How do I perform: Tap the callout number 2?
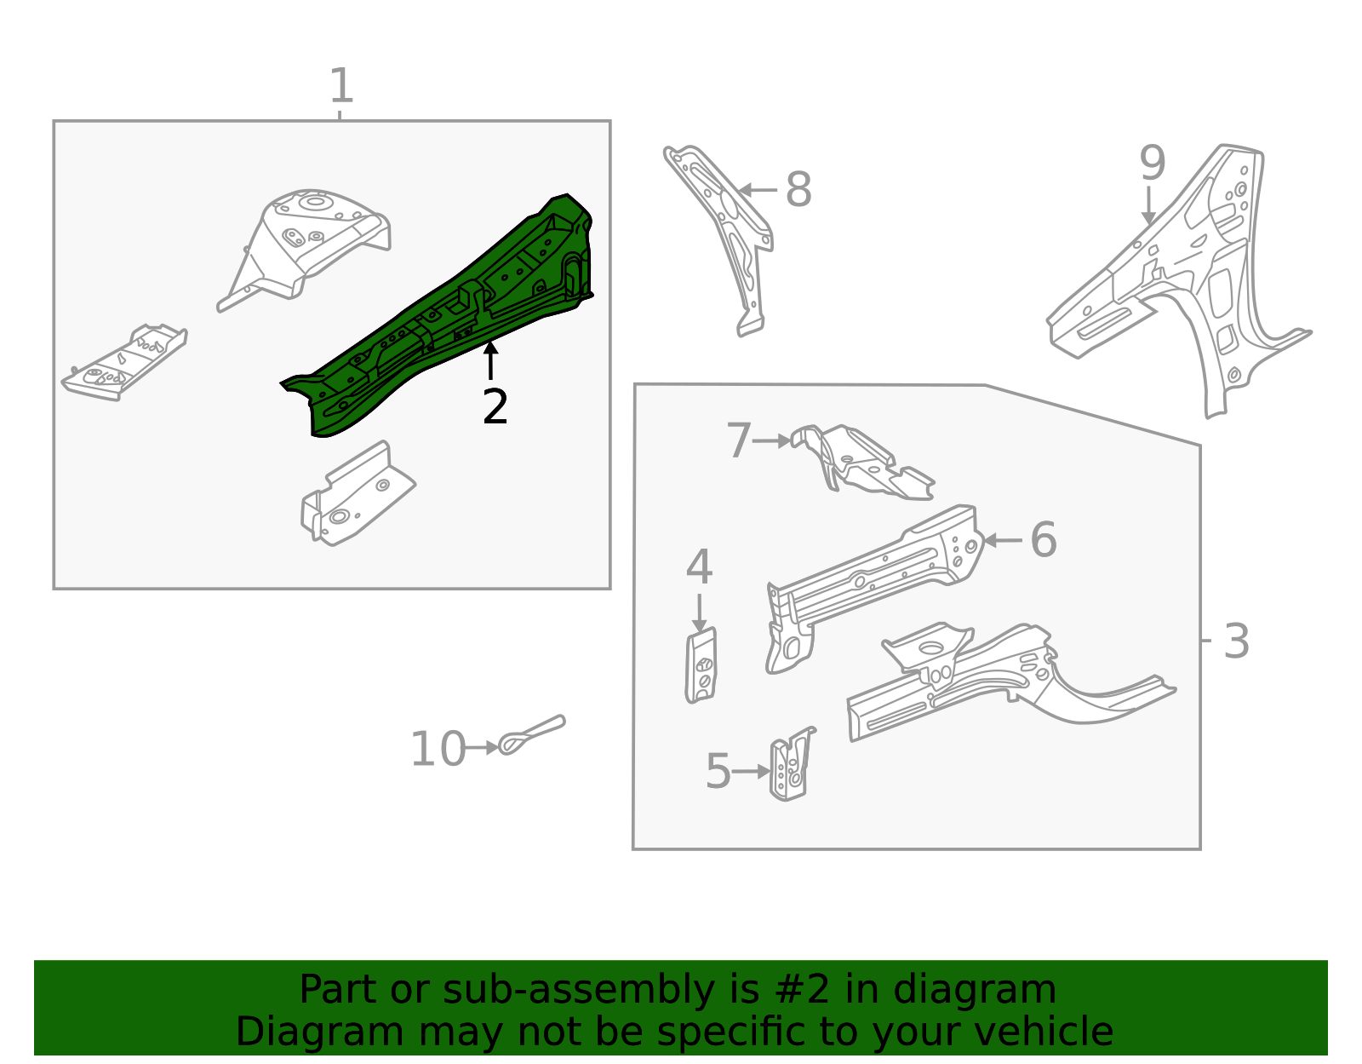pos(495,407)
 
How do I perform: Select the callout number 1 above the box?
pos(340,87)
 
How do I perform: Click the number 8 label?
pos(798,190)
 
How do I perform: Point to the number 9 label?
pos(1152,163)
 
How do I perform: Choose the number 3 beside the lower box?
pos(1236,641)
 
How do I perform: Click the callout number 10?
pos(438,750)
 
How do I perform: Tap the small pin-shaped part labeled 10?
pos(532,734)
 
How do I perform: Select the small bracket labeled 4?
pos(701,666)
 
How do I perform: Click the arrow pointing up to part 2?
pos(490,359)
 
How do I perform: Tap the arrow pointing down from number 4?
pos(699,613)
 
